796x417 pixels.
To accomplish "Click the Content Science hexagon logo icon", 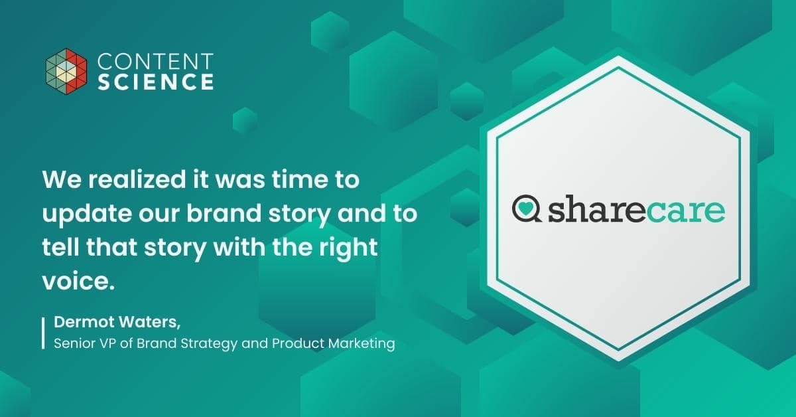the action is (x=66, y=71).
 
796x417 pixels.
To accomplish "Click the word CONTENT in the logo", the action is (x=155, y=61).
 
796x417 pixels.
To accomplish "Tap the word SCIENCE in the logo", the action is (x=156, y=82).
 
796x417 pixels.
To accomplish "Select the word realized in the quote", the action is (x=137, y=179).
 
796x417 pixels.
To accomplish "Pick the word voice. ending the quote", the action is (x=78, y=281).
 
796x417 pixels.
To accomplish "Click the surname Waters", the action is (x=149, y=322).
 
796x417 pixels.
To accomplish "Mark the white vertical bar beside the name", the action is (x=43, y=333).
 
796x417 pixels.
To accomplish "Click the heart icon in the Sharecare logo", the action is (x=525, y=207).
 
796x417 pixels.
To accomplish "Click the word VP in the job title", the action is (x=103, y=343).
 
